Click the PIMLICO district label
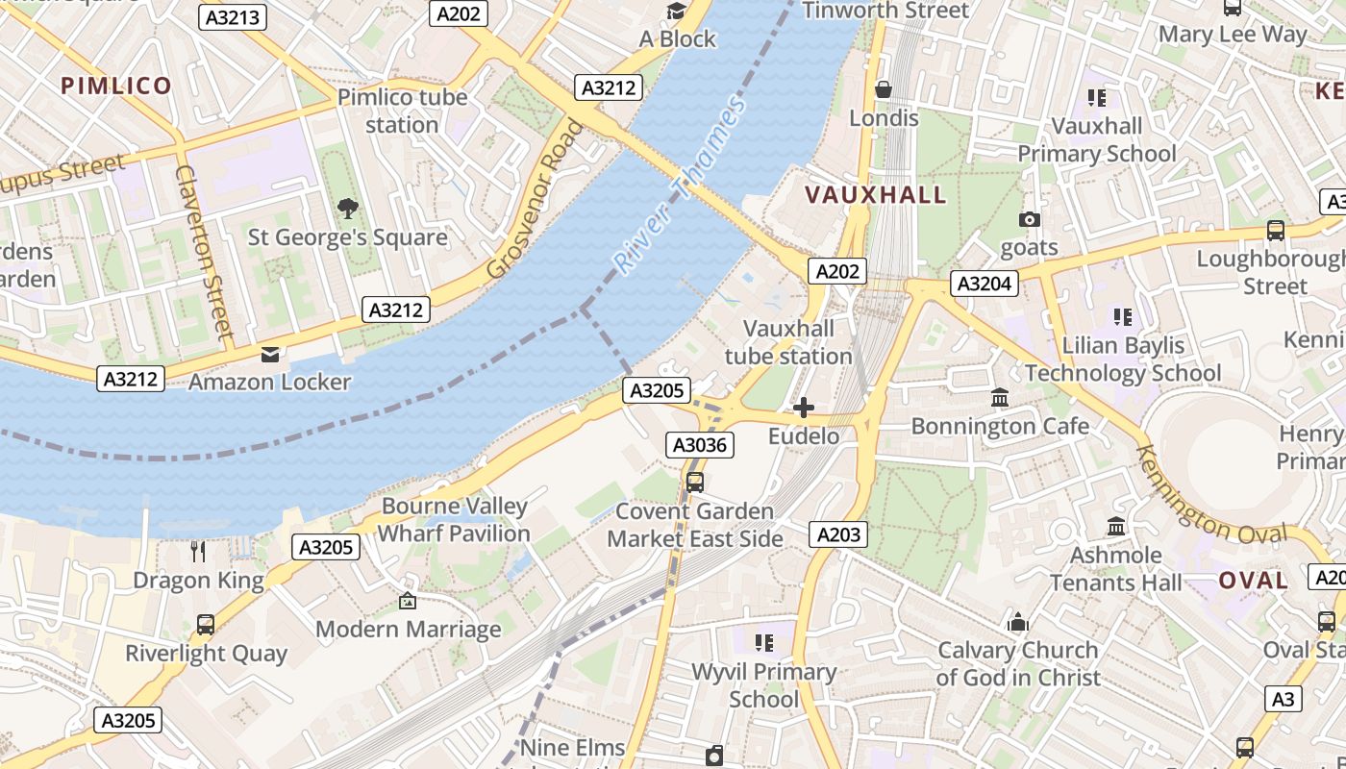116,86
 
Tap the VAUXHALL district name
875,195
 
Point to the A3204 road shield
984,284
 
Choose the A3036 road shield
701,445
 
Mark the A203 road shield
837,534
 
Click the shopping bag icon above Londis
883,89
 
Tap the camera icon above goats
1029,219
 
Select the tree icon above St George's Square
347,208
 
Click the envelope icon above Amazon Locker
269,354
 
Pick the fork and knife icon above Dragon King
198,551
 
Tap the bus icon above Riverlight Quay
206,625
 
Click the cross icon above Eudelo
803,408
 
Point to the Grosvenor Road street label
536,199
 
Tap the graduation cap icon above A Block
677,11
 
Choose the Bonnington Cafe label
1000,426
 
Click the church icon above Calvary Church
1018,622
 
